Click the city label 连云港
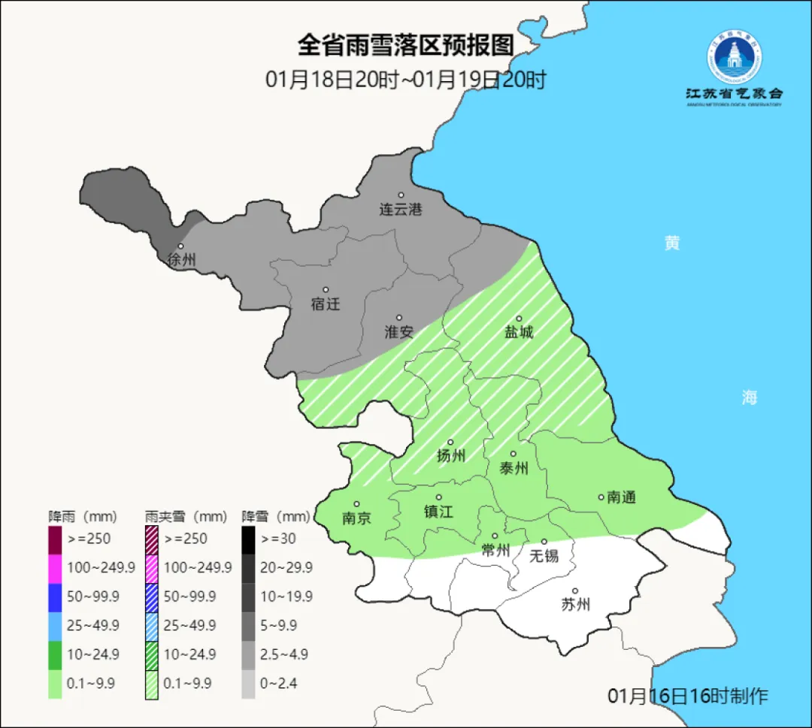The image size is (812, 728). point(401,210)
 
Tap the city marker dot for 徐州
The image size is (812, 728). point(180,246)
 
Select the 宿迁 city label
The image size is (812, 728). point(326,304)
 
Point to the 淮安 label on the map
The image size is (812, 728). point(399,332)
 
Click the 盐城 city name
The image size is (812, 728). point(518,332)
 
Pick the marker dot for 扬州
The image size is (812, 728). point(450,443)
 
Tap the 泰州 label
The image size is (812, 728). point(514,469)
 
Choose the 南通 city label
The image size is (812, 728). point(621,497)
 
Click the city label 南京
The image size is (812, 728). point(356,518)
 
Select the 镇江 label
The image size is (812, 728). point(438,512)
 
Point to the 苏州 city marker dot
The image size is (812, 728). point(575,591)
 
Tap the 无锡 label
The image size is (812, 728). point(544,556)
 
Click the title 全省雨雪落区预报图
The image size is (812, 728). point(405,46)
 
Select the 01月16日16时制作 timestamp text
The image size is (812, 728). point(688,696)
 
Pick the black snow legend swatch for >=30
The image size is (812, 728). point(248,539)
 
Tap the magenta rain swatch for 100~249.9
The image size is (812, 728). point(55,567)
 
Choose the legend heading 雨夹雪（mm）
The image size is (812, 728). point(186,517)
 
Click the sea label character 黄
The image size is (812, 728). point(671,243)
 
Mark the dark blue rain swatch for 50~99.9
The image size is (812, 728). point(55,596)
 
